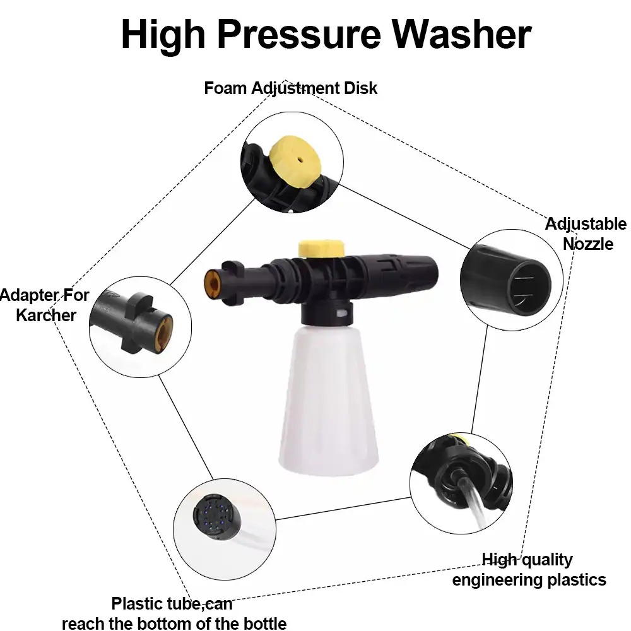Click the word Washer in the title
[x=462, y=35]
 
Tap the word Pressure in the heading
[x=299, y=35]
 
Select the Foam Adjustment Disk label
[x=290, y=88]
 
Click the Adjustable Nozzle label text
[x=586, y=234]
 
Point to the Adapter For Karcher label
[x=44, y=305]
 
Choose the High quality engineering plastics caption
[x=529, y=570]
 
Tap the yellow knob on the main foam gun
[x=321, y=248]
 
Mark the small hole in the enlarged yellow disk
[x=300, y=160]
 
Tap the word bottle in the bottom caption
[x=265, y=623]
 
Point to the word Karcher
[x=46, y=315]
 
